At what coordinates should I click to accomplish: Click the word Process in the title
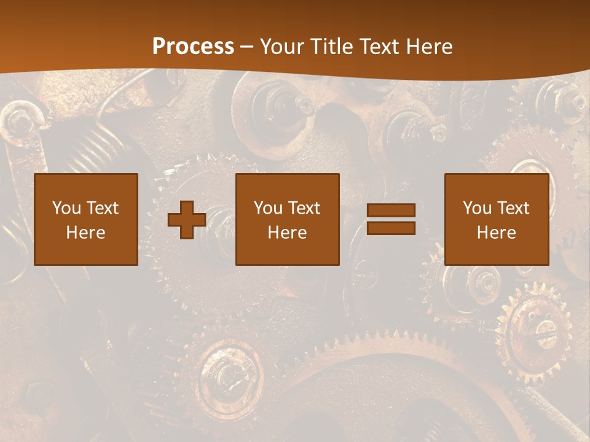point(193,47)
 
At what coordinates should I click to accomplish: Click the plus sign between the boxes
point(187,219)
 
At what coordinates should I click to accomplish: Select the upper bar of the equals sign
point(391,211)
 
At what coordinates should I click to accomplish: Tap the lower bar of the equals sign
point(391,228)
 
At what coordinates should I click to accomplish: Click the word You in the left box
point(66,208)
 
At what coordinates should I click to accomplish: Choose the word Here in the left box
point(85,233)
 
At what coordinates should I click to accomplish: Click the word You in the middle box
point(268,208)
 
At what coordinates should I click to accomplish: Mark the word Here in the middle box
point(287,233)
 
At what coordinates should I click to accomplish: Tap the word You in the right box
point(477,208)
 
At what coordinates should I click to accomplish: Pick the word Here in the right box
point(496,233)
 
